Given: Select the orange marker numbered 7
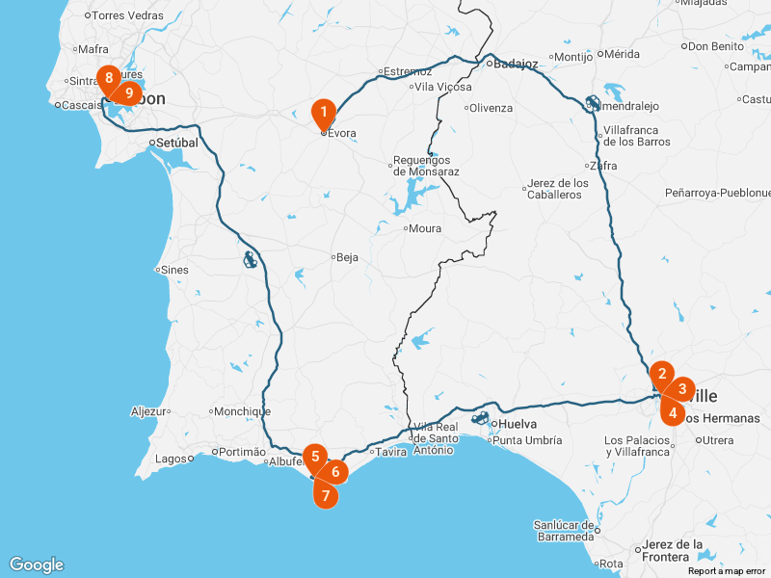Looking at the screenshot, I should click(x=327, y=496).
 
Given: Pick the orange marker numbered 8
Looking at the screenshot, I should click(x=110, y=78).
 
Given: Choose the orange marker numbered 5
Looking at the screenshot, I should click(x=315, y=457).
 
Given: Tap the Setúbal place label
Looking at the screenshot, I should click(x=177, y=143).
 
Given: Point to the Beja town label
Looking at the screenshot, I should click(x=348, y=257).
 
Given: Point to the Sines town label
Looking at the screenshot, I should click(x=174, y=270).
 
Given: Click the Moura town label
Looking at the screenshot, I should click(x=425, y=229).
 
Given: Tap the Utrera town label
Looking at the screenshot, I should click(x=717, y=440).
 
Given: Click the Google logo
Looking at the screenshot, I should click(x=37, y=565).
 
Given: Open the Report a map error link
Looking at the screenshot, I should click(x=728, y=571).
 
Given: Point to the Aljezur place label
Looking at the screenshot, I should click(x=148, y=411).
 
